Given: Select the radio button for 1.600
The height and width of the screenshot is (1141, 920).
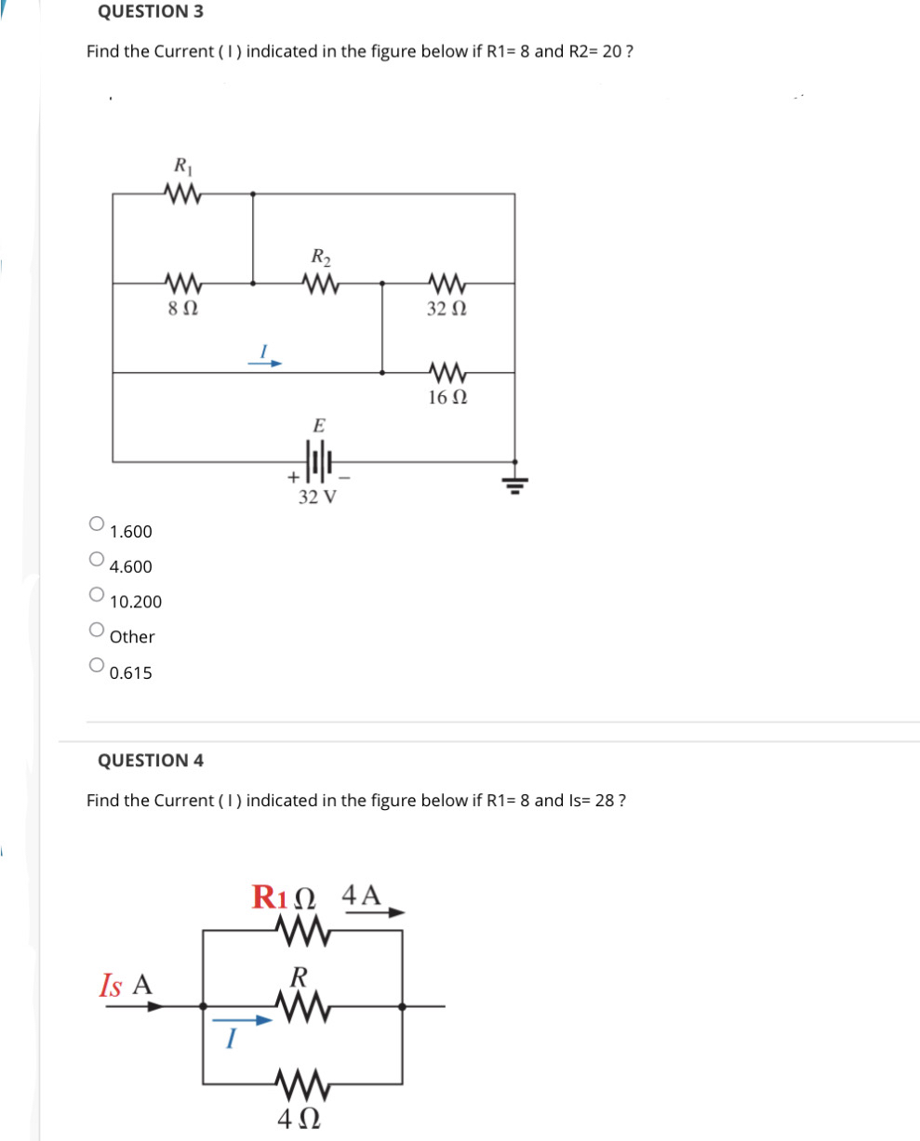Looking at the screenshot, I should coord(96,524).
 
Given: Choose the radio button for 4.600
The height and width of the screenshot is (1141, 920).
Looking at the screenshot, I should coord(96,559).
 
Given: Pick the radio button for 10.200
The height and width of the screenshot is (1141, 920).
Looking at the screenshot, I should coord(96,594).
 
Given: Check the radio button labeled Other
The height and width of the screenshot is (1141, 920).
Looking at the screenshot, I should coord(96,630).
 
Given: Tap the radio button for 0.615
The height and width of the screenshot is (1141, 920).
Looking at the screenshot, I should coord(96,665).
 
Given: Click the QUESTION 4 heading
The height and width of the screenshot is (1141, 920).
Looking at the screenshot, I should coord(151,760).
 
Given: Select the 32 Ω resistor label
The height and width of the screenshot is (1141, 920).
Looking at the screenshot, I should coord(447,308).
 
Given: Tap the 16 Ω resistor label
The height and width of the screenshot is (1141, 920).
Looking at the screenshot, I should coord(447,397).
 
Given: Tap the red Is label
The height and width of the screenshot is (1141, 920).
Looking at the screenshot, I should coord(112,985).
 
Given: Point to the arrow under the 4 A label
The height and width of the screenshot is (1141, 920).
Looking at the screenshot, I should coord(376,913).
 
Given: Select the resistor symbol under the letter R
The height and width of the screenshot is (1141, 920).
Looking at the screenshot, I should coord(300,1004).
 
